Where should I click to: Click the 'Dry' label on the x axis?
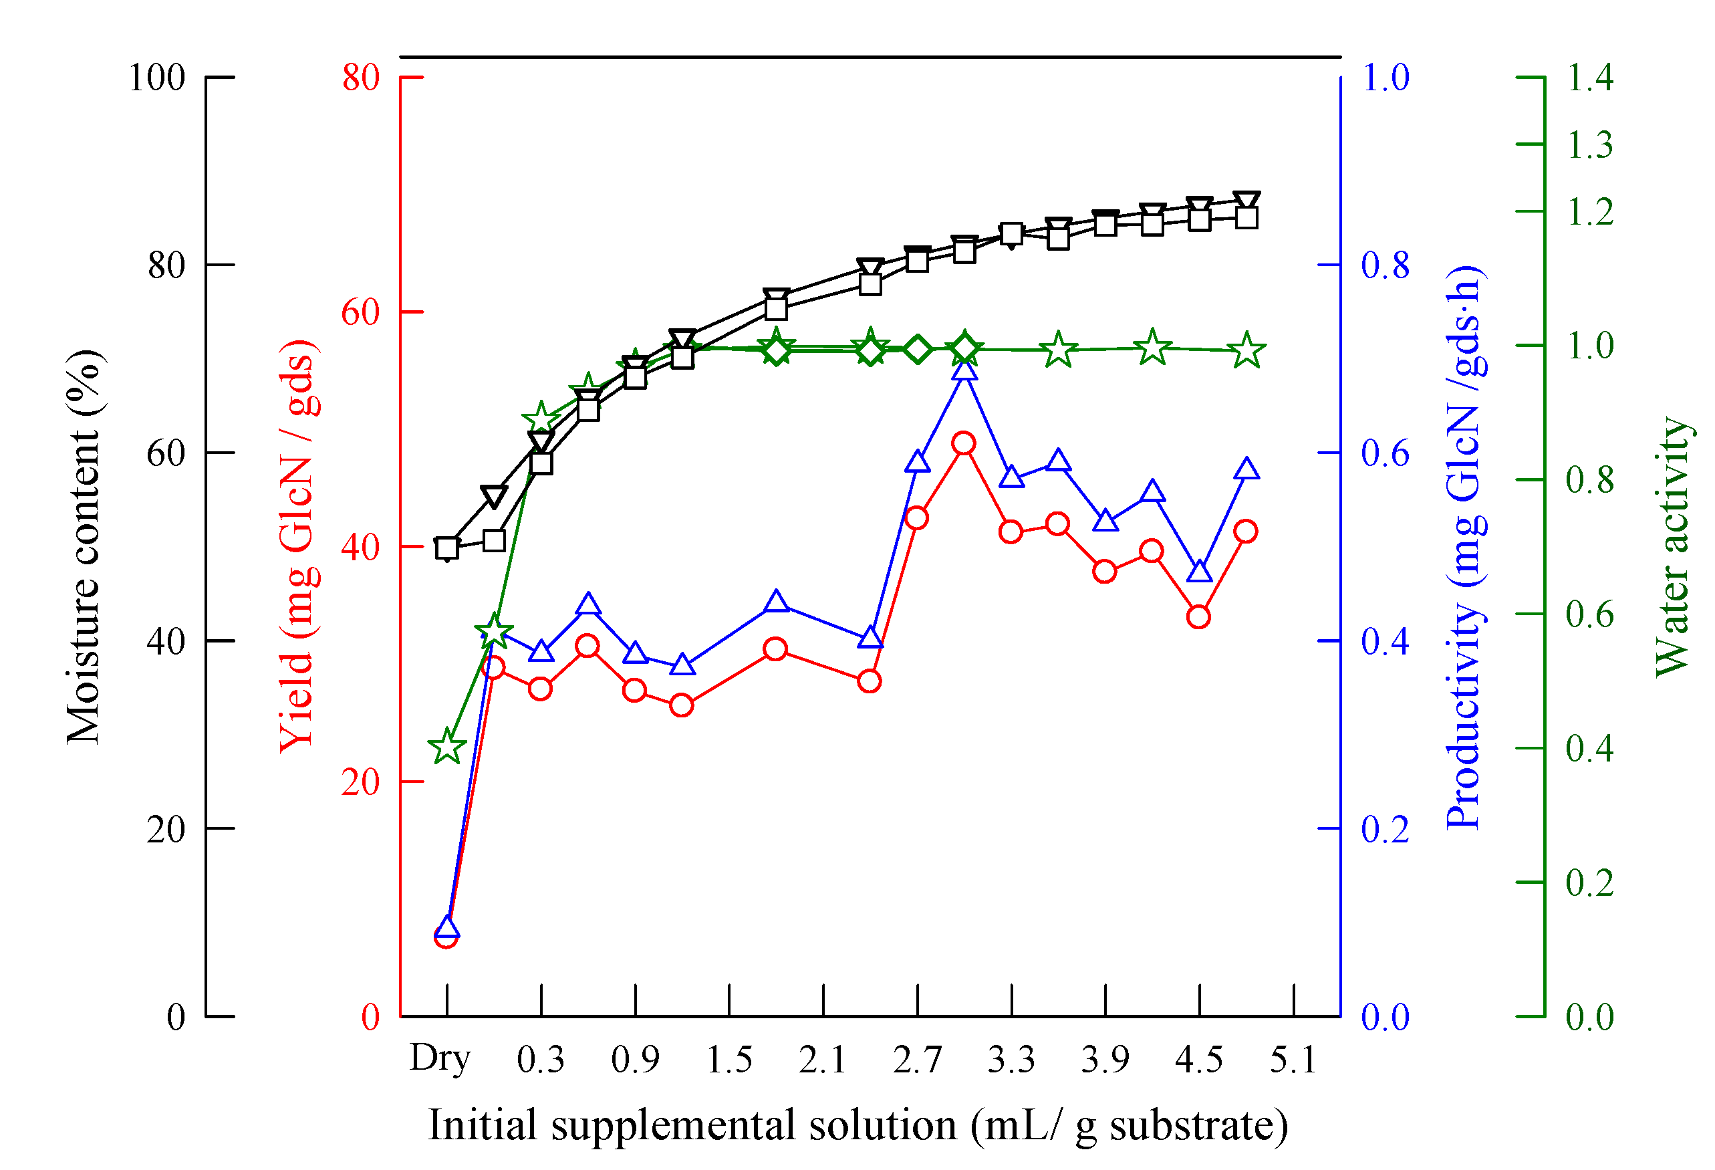click(x=440, y=1059)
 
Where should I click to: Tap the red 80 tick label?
click(x=360, y=78)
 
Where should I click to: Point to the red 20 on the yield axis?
click(x=360, y=782)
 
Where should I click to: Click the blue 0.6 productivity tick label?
click(x=1385, y=453)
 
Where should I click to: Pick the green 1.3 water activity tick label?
click(x=1589, y=144)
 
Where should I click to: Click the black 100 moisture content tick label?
click(x=156, y=78)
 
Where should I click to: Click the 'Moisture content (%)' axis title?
click(x=84, y=547)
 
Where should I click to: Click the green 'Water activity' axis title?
click(x=1672, y=547)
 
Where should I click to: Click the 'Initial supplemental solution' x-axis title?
click(x=858, y=1127)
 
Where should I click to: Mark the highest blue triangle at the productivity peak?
click(x=964, y=369)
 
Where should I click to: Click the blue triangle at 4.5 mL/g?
click(x=1200, y=572)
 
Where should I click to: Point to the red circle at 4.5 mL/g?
click(x=1198, y=617)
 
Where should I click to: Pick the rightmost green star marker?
click(x=1247, y=350)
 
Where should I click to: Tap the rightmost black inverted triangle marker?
click(x=1247, y=201)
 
